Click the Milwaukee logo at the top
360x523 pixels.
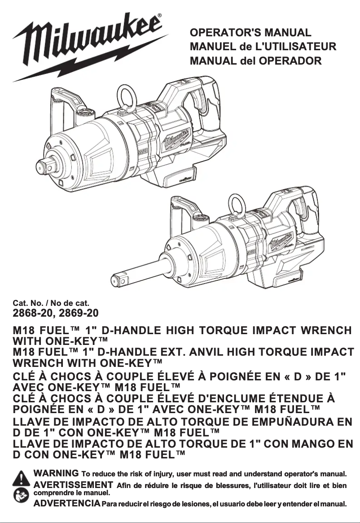point(90,45)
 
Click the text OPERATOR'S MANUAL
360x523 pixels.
point(250,33)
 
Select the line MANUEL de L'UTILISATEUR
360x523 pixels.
point(263,47)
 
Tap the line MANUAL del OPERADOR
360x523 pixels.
point(255,61)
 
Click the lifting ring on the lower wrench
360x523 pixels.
point(236,204)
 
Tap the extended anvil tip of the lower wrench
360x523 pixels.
point(118,280)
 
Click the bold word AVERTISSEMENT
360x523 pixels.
point(73,484)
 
